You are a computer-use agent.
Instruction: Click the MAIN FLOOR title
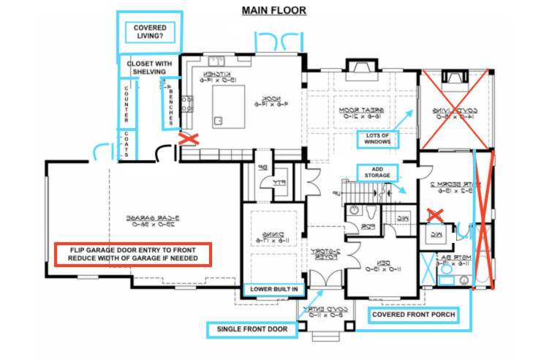(274, 10)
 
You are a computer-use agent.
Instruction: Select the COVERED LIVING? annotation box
(149, 32)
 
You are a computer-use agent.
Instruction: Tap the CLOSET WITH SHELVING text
(151, 67)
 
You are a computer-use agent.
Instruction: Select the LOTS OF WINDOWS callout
(379, 139)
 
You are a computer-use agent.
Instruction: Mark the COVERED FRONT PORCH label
(413, 316)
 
